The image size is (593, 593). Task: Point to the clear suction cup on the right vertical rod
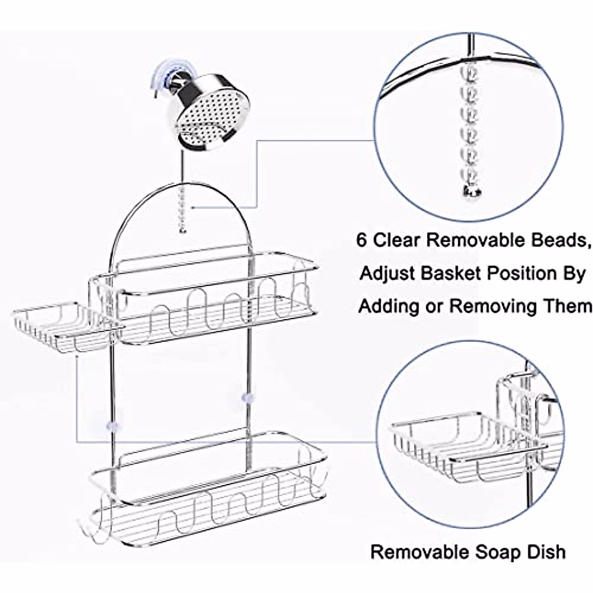click(245, 397)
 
